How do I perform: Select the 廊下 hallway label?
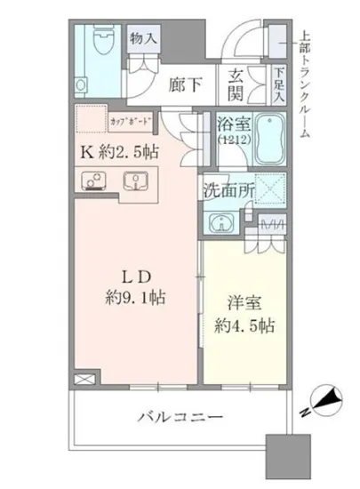click(186, 85)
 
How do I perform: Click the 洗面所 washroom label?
click(228, 188)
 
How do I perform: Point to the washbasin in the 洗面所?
click(219, 222)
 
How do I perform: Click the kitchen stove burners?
click(92, 181)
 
